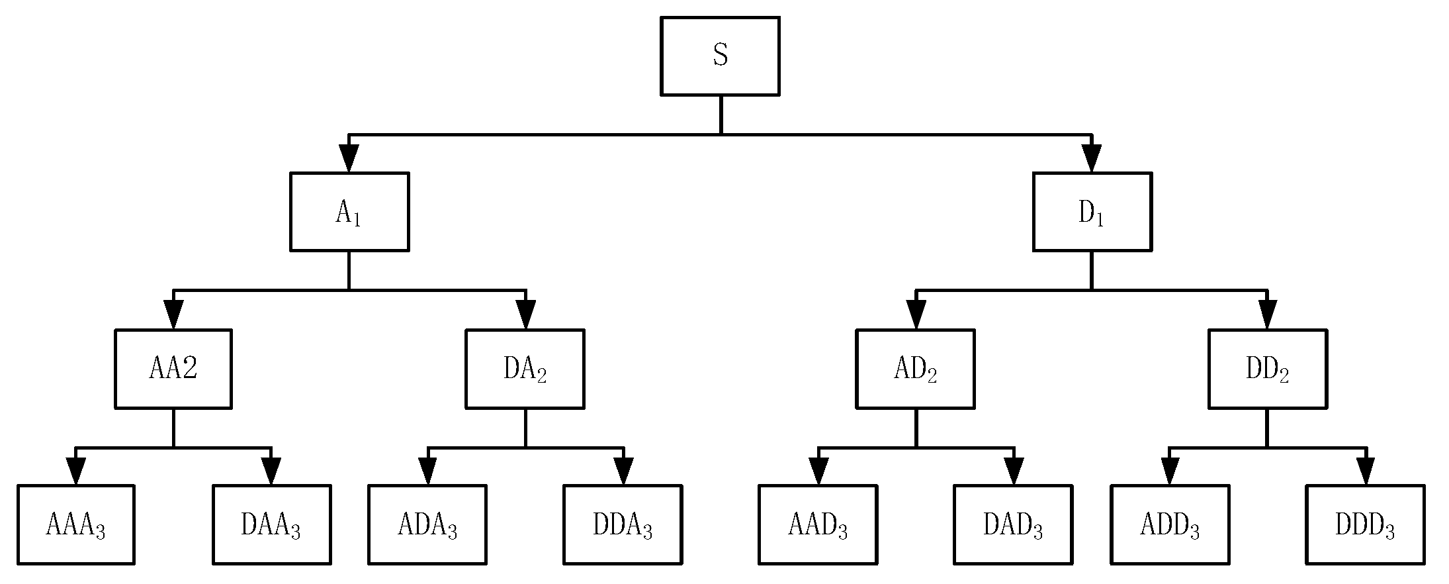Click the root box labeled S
point(720,56)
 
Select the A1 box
point(349,212)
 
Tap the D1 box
point(1092,212)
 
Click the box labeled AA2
point(173,369)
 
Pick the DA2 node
point(525,369)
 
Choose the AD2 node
point(915,369)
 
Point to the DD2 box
point(1267,369)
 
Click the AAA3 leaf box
point(76,525)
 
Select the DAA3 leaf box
point(271,525)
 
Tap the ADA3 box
point(427,525)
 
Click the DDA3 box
point(623,525)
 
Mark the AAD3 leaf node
point(818,525)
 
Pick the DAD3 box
point(1013,525)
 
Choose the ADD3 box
point(1170,525)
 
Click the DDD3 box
point(1365,525)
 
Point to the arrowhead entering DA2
point(525,315)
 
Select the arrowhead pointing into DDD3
point(1366,471)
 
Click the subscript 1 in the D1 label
point(1100,220)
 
